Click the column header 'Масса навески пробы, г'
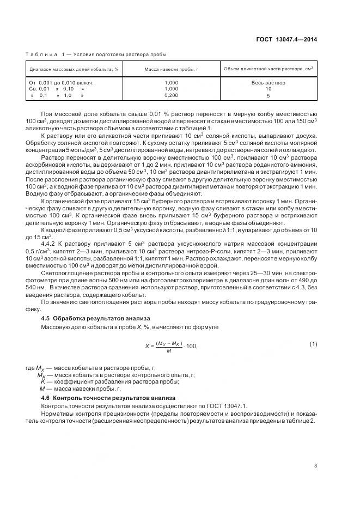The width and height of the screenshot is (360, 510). click(171, 69)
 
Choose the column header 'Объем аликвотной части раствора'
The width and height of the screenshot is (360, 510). click(268, 68)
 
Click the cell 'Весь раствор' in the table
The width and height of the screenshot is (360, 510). click(268, 83)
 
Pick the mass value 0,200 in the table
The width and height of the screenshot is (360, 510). click(171, 95)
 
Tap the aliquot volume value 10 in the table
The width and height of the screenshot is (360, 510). click(268, 89)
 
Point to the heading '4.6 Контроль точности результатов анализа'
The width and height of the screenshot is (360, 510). click(97, 398)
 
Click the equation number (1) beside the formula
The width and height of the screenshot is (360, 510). click(313, 344)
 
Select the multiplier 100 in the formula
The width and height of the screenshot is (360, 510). click(191, 347)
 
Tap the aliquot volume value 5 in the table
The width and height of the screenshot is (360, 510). click(268, 95)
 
